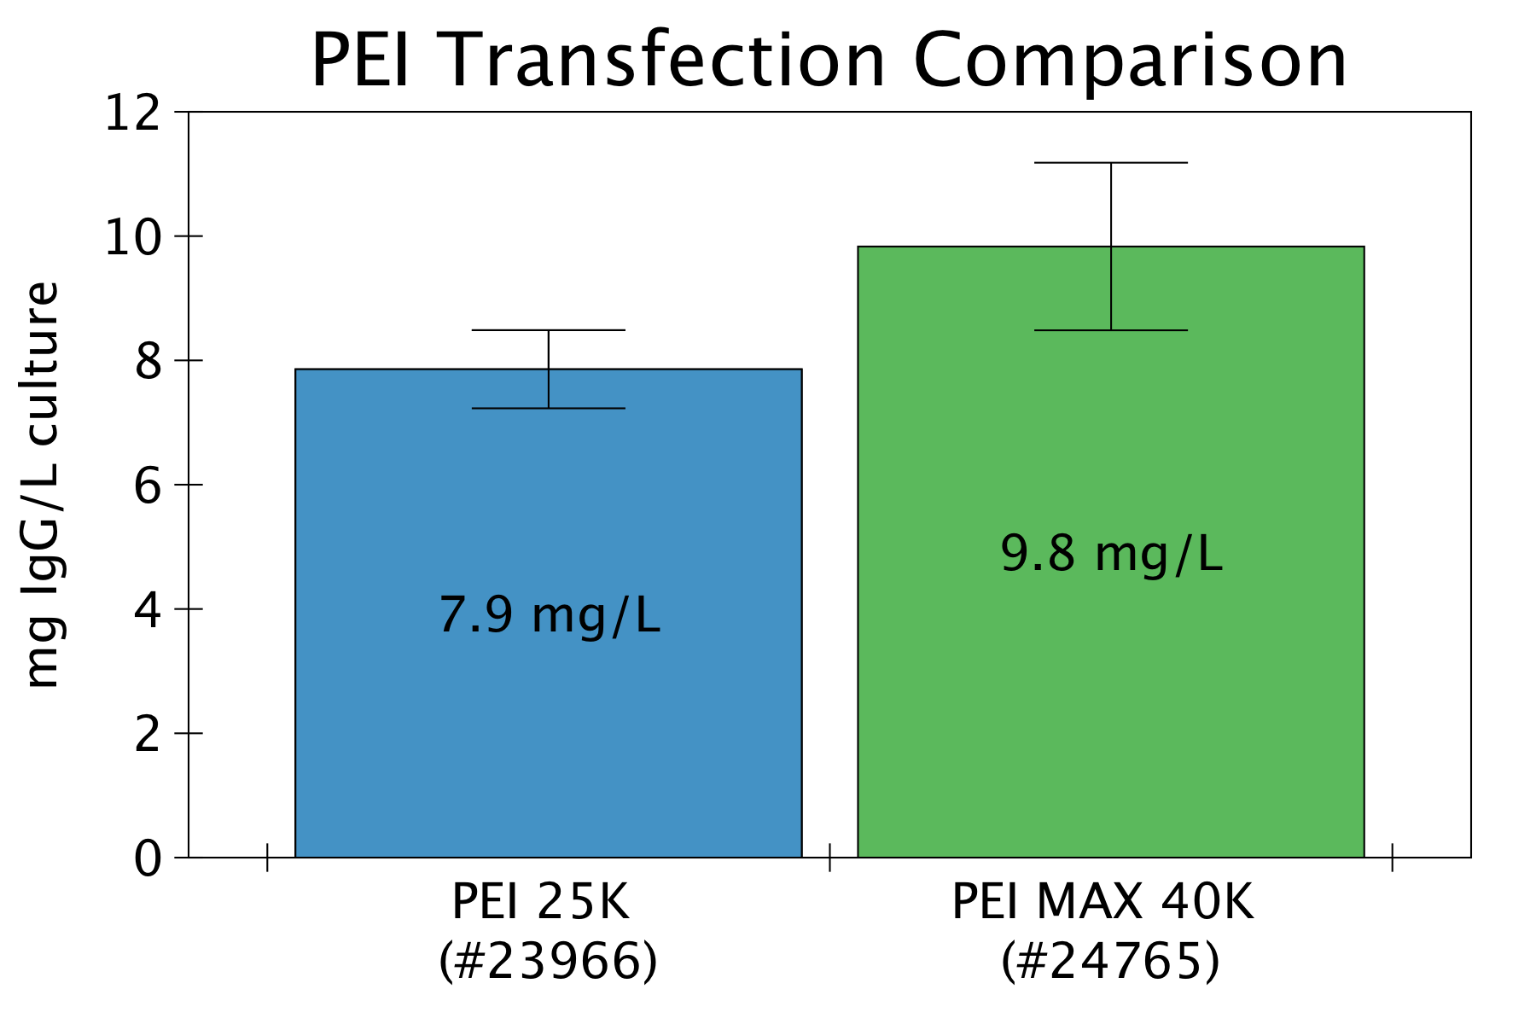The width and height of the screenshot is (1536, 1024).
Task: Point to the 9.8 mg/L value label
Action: tap(1111, 554)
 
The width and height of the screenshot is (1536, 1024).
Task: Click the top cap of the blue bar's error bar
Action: tap(548, 330)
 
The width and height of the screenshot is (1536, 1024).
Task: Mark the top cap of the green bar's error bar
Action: tap(1111, 163)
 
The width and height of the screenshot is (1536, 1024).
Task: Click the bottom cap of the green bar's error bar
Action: tap(1111, 330)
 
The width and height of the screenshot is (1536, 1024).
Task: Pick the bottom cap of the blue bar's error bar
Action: tap(548, 409)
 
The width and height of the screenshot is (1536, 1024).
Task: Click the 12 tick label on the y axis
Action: tap(132, 113)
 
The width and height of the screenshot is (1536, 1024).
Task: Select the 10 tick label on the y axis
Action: tap(132, 238)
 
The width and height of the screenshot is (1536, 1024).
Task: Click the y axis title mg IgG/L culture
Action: tap(43, 484)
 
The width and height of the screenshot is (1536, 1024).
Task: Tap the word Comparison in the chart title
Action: tap(1130, 61)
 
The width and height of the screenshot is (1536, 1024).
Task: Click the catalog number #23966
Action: tap(548, 962)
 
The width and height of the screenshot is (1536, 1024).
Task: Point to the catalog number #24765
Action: tap(1110, 962)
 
